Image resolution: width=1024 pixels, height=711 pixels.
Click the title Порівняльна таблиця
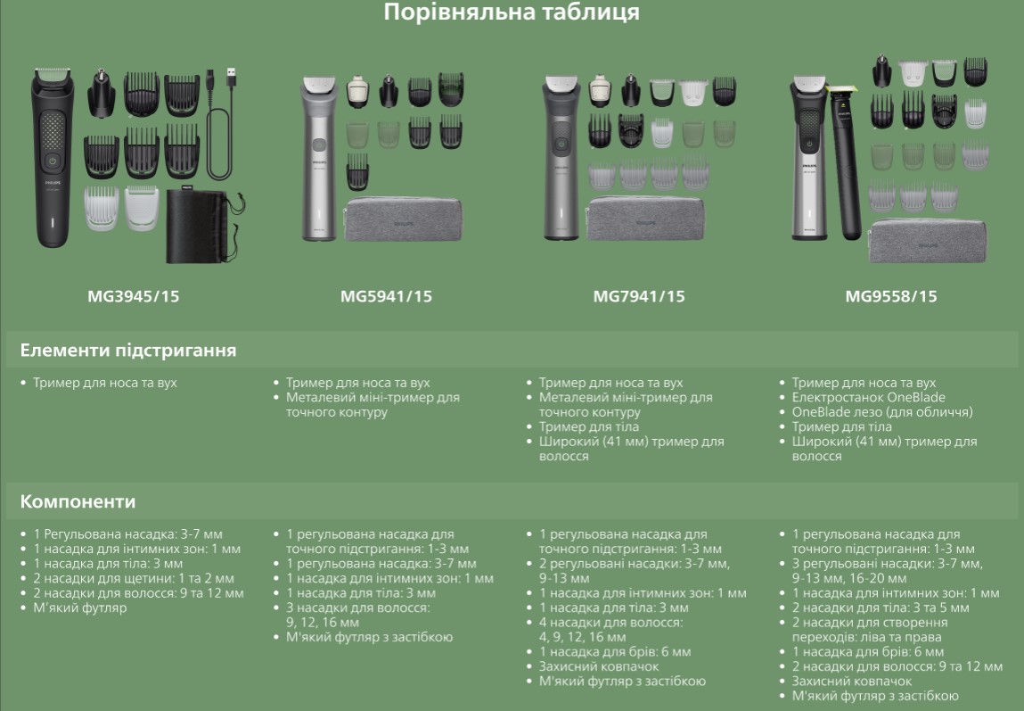coord(512,12)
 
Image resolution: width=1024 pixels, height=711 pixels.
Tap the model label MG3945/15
coord(133,297)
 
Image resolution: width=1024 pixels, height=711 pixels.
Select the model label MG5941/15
coord(386,297)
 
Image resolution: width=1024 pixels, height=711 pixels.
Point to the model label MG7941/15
coord(639,297)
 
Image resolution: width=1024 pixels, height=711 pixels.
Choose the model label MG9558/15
coord(891,297)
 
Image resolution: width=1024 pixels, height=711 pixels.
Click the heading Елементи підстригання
coord(128,351)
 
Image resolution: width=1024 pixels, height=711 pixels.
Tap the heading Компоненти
coord(78,502)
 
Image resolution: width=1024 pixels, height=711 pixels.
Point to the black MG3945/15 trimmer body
coord(53,157)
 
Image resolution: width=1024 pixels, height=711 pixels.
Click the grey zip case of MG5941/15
coord(403,219)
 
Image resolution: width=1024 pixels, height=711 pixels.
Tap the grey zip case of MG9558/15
coord(928,241)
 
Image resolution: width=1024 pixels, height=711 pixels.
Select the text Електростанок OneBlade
coord(869,397)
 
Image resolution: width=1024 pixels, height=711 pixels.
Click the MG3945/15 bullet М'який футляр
coord(80,608)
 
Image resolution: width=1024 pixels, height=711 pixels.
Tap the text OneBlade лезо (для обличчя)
coord(882,412)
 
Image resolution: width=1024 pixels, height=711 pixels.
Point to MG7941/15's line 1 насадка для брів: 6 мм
coord(615,652)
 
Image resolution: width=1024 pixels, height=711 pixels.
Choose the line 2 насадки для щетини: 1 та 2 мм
coord(134,578)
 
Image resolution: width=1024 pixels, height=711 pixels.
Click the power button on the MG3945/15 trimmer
coord(53,160)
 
